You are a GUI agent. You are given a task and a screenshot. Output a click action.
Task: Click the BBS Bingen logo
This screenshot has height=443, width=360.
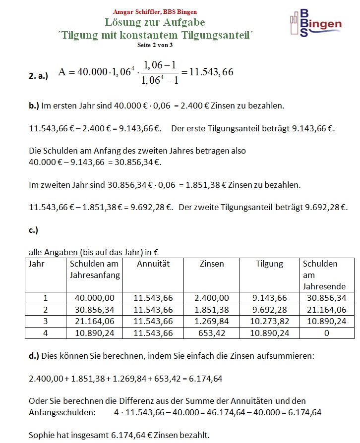tap(315, 24)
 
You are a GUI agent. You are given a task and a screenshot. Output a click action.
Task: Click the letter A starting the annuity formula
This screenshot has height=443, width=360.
tap(62, 72)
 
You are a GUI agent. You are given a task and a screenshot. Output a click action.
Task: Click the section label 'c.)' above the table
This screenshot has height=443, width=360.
tap(34, 230)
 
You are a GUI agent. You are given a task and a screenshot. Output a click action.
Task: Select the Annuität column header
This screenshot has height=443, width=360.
tap(153, 264)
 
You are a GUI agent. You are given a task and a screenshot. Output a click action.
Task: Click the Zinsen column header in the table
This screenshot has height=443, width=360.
tap(211, 264)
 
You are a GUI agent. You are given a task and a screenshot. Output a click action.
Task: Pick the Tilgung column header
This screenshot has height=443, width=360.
tap(269, 264)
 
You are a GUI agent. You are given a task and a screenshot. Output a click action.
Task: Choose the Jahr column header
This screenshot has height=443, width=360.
tap(37, 264)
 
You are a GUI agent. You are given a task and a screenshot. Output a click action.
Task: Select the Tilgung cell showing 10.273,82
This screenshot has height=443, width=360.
tap(269, 322)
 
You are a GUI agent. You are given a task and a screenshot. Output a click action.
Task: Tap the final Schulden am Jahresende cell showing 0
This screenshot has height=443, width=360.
tap(326, 333)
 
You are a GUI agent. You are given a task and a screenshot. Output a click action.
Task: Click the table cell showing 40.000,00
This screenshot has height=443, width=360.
tap(95, 298)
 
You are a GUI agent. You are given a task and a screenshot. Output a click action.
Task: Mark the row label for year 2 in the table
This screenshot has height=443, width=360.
tap(46, 310)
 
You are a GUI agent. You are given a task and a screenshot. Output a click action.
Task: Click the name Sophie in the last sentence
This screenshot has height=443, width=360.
tap(42, 436)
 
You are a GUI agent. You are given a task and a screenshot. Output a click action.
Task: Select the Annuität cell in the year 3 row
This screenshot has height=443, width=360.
tap(153, 322)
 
